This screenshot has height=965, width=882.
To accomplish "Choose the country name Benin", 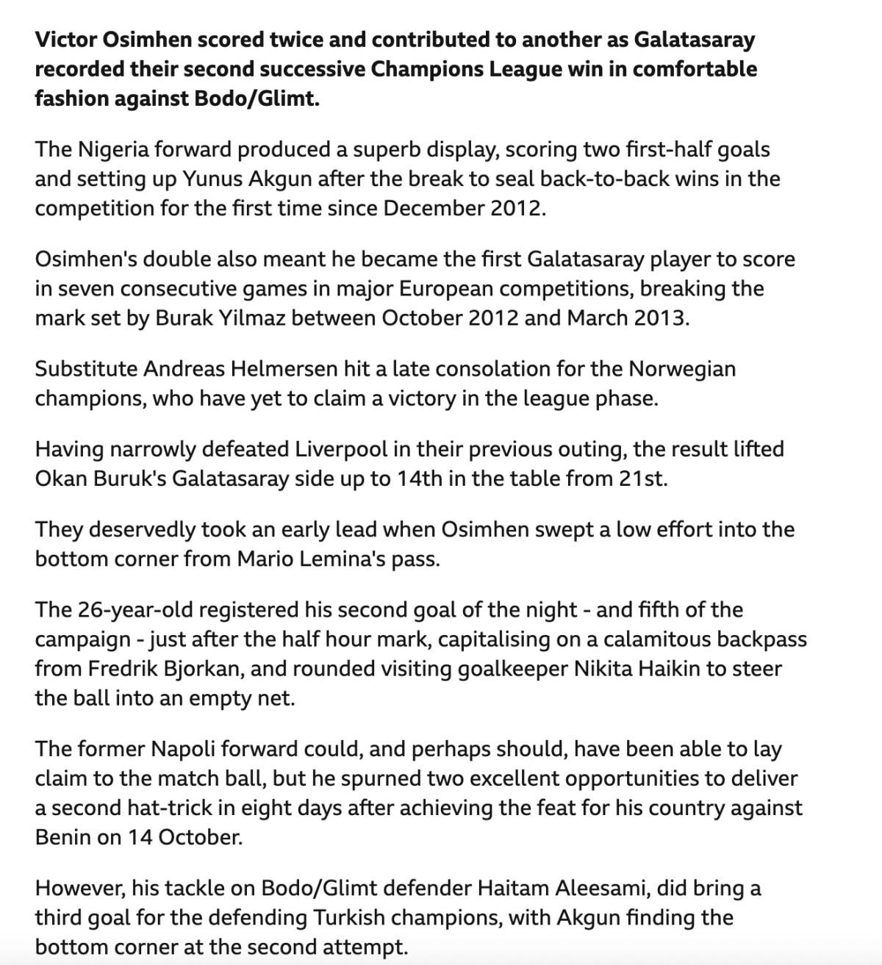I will tap(62, 837).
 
